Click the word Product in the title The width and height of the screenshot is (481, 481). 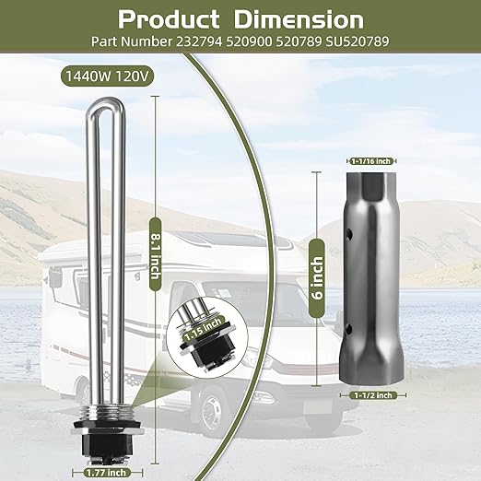[169, 19]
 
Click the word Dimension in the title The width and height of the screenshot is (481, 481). [299, 19]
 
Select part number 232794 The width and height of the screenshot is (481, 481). [199, 41]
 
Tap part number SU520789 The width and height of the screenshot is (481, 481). [358, 41]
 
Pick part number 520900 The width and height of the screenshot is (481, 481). [249, 41]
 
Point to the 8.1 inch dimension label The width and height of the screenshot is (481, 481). [155, 253]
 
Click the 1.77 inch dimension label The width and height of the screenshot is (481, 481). [106, 472]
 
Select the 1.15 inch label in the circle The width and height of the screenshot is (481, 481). [203, 329]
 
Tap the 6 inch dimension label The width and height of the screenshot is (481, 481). [317, 278]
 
